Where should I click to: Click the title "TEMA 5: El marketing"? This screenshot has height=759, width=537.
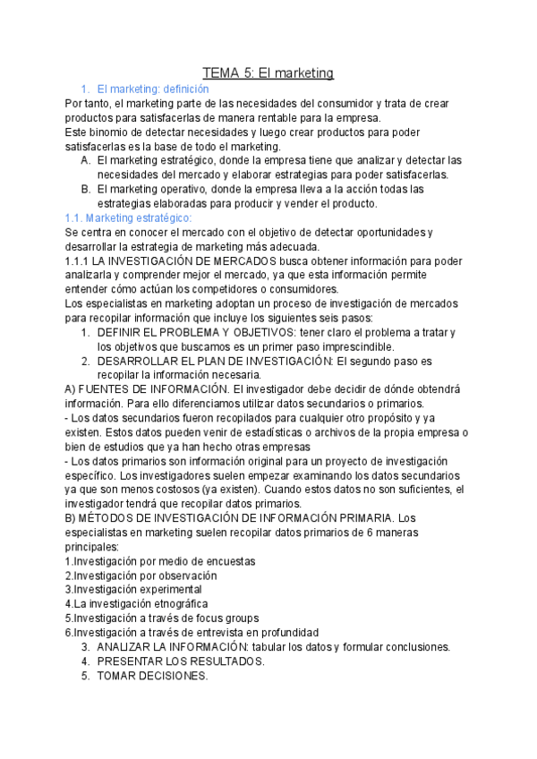[x=268, y=72]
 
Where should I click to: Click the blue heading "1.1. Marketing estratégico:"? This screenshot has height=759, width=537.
[x=123, y=217]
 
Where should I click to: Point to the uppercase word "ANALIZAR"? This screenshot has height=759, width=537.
[x=124, y=647]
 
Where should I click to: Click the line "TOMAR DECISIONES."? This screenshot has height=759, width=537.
[x=152, y=676]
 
